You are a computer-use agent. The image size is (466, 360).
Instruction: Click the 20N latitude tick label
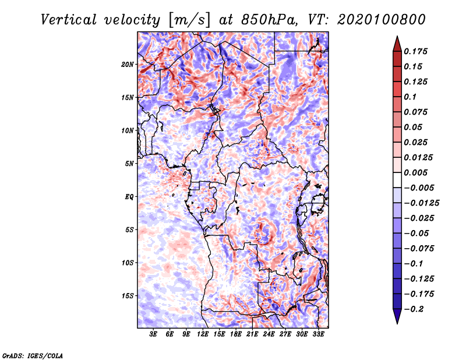pos(128,64)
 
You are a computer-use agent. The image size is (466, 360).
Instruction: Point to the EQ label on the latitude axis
pos(129,197)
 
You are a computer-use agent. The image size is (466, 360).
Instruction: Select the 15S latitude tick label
pos(128,296)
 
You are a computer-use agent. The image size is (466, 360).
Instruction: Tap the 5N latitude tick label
pos(129,164)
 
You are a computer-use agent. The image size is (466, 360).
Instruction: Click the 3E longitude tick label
pos(154,334)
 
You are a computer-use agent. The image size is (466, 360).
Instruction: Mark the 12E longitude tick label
pos(203,334)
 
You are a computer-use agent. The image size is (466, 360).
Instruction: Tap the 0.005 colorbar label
pos(417,172)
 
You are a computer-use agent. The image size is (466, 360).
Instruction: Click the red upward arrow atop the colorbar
pos(397,43)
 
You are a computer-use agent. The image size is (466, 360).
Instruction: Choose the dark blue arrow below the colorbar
pos(397,316)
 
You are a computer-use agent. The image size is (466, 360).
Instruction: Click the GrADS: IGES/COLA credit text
pos(33,355)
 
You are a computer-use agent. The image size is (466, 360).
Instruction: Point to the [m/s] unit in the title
pos(188,19)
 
